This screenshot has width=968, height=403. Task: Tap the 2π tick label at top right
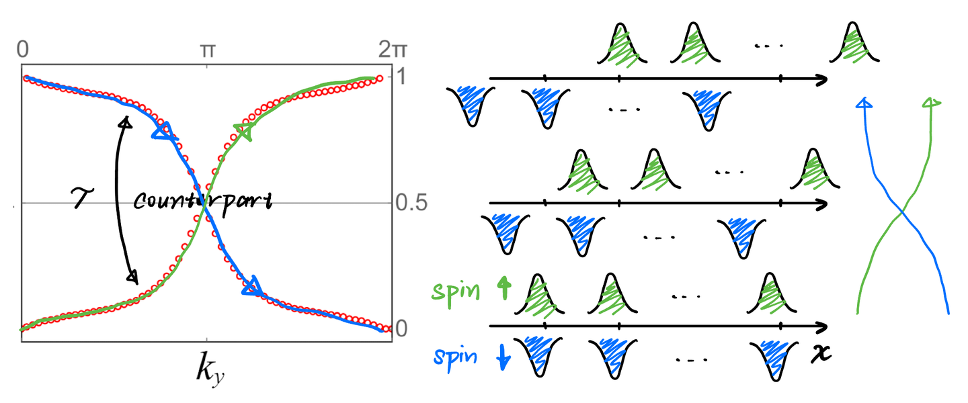(393, 50)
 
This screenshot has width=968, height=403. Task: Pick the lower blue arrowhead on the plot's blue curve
(251, 286)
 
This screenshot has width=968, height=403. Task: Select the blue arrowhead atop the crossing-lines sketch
(864, 103)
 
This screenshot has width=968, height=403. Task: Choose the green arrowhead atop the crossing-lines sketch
(932, 103)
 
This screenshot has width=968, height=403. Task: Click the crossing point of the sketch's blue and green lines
(901, 215)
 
